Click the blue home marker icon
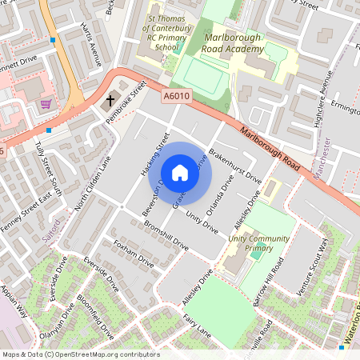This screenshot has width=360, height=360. pos(180,173)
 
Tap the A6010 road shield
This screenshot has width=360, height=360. pos(176,96)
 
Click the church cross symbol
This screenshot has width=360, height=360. pos(110,101)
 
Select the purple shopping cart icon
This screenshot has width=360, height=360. pos(46,104)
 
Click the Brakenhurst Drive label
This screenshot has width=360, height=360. pos(234,162)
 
